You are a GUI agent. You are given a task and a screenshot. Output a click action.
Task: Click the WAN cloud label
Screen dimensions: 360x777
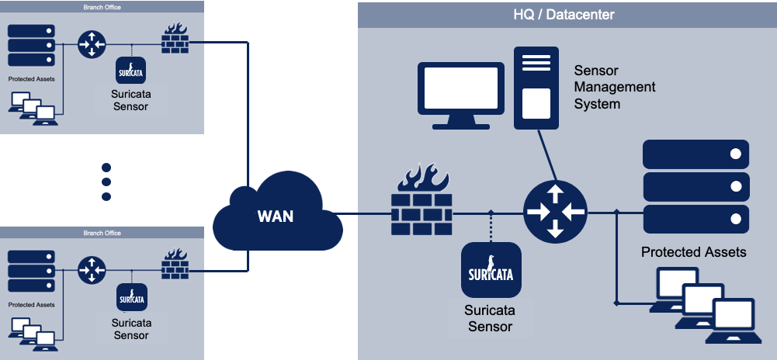pos(276,216)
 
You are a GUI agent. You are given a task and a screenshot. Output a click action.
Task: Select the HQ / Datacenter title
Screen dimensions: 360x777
pos(564,15)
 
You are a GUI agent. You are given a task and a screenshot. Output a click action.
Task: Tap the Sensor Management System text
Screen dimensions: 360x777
pos(614,87)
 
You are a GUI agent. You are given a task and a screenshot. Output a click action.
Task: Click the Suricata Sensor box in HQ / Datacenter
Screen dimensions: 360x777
pos(490,317)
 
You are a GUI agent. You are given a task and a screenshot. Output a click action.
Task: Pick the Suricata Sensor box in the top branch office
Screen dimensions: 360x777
pos(130,100)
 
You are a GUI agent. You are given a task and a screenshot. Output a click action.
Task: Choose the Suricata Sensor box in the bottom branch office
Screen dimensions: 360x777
pos(130,329)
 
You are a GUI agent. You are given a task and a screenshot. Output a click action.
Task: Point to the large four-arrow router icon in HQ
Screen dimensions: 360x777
pos(555,211)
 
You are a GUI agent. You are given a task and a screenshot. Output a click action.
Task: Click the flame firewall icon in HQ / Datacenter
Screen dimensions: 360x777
pos(423,178)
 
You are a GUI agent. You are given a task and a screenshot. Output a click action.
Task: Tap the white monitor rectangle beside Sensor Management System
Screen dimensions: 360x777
pos(460,88)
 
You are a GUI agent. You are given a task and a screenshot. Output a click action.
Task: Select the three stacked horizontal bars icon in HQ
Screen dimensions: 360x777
pos(536,64)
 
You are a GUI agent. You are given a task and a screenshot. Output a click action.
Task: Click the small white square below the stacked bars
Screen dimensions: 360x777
pos(536,103)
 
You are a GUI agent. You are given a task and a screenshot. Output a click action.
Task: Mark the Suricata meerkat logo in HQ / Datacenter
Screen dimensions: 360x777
pos(490,268)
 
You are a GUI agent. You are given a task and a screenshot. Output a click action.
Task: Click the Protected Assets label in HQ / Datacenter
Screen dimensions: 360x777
pos(693,252)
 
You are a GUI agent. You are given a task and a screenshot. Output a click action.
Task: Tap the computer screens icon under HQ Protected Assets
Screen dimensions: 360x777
pos(705,302)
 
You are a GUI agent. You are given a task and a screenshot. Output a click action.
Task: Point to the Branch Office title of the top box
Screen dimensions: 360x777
pos(102,8)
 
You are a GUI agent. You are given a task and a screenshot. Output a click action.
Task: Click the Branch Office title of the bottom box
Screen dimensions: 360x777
pos(102,233)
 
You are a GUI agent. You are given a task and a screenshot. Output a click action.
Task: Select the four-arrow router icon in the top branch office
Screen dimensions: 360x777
pos(92,44)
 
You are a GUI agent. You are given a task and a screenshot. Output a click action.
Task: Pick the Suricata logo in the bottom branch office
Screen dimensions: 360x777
pos(131,296)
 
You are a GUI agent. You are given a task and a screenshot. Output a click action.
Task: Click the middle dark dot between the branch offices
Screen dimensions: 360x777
pos(106,182)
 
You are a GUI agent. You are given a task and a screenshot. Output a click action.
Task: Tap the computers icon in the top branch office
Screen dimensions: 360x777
pos(33,106)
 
